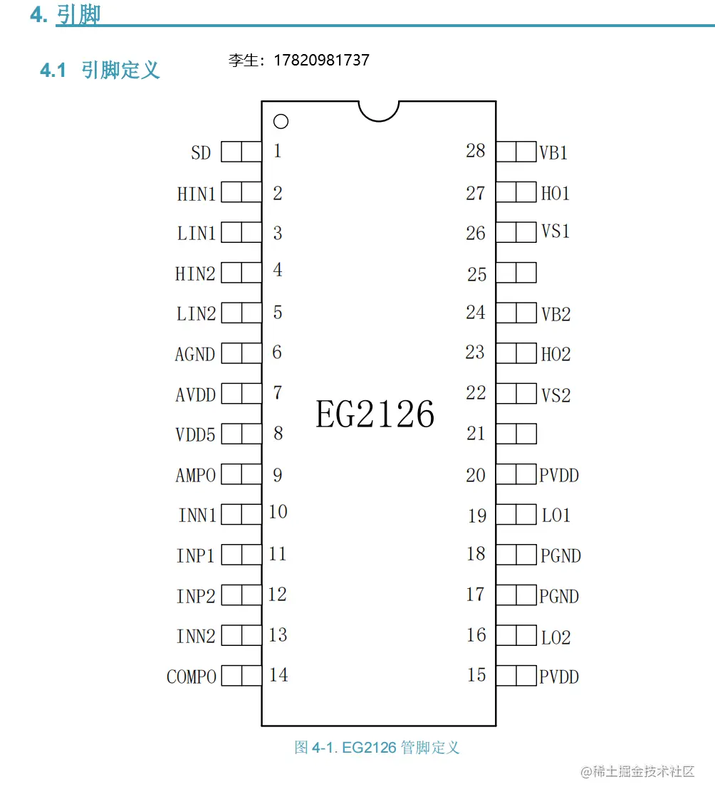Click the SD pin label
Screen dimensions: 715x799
coord(201,152)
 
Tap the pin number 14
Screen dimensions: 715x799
coord(278,674)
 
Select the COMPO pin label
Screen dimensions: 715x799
coord(192,677)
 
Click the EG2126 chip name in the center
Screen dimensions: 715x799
coord(375,414)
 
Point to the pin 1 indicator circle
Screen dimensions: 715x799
coord(281,122)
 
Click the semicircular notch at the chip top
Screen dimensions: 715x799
coord(379,109)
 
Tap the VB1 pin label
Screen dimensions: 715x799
coord(553,152)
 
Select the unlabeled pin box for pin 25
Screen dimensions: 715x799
coord(516,273)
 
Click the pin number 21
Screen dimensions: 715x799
coord(476,433)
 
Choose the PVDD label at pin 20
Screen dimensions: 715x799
coord(559,475)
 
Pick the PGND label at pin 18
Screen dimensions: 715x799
coord(560,555)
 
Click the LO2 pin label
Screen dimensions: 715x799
coord(555,637)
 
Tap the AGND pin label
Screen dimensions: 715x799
coord(195,354)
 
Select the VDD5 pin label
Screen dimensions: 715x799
coord(195,434)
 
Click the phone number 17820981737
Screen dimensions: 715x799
coord(321,61)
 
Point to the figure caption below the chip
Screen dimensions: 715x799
coord(377,748)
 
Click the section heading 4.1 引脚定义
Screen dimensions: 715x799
coord(100,70)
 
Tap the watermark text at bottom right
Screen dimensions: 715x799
coord(637,772)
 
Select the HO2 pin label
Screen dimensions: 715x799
coord(555,354)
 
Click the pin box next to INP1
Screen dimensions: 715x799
coord(241,555)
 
